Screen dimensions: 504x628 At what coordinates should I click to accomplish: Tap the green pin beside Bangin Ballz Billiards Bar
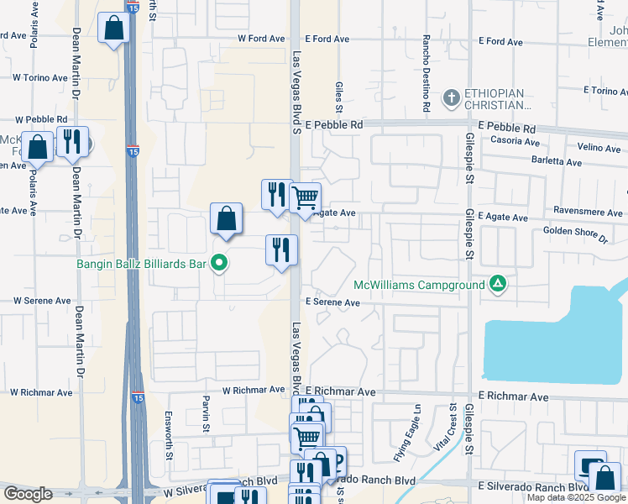pos(220,264)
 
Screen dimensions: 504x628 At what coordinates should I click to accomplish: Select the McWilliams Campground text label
pos(419,285)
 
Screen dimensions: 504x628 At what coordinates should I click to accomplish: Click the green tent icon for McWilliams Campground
pos(498,285)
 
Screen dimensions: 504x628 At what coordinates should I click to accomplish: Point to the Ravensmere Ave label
pos(587,213)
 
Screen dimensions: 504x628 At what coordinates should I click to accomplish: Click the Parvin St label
pos(205,413)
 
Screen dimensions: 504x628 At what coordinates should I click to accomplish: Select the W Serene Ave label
pos(42,300)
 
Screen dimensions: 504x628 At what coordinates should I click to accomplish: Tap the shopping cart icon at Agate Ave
pos(306,199)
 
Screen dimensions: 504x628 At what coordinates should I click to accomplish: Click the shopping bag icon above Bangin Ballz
pos(226,219)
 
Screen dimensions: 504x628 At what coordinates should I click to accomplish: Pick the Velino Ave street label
pos(599,148)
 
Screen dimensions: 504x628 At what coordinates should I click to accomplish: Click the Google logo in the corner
pos(28,494)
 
